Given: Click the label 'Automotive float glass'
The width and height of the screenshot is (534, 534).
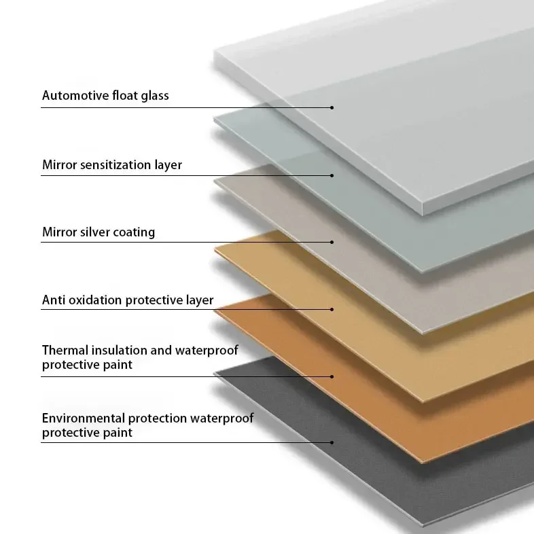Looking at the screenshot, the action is (x=105, y=96).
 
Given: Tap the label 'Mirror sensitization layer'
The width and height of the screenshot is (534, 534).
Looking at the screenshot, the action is (x=112, y=165).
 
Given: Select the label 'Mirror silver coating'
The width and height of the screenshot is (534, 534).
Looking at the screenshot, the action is (x=99, y=232).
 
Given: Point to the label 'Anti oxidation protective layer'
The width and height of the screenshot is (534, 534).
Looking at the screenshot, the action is (x=128, y=300).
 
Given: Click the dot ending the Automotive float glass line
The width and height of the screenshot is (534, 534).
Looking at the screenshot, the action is (x=332, y=107).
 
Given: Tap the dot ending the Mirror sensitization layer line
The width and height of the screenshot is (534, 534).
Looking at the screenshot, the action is (x=332, y=175).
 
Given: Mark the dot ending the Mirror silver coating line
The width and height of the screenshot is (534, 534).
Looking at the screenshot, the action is (x=332, y=242).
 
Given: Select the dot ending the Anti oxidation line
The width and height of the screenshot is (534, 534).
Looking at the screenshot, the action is (x=332, y=309).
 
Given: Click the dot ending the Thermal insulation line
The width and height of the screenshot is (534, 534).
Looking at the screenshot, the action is (x=332, y=376).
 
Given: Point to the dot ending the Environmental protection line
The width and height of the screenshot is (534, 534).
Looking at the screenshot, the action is (x=332, y=442).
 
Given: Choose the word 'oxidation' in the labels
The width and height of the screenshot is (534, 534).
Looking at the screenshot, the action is (x=94, y=300).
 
